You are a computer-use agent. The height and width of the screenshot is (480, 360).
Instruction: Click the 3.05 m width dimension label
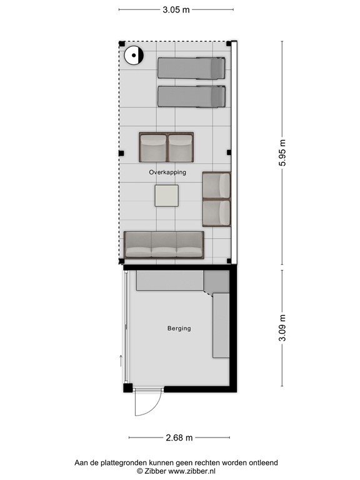coord(176,10)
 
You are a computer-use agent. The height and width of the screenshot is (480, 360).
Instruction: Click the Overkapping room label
coord(167,172)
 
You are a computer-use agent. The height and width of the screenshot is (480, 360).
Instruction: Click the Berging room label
coord(179,328)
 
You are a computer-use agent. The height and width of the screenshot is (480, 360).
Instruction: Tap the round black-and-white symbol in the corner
coord(133,56)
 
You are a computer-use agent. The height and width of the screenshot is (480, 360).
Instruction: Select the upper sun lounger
coord(191,67)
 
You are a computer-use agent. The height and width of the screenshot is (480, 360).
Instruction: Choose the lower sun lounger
coord(191,96)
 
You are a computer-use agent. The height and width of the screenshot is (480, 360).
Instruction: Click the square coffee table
coord(167,196)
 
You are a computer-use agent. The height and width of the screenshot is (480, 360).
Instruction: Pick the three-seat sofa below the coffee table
coord(164,244)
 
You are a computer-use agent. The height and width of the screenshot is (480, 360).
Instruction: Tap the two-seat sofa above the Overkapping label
coord(166,147)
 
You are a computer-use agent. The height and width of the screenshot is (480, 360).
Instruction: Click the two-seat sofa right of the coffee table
coord(216,199)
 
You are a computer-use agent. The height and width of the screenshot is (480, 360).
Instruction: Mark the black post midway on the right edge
coord(229,152)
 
